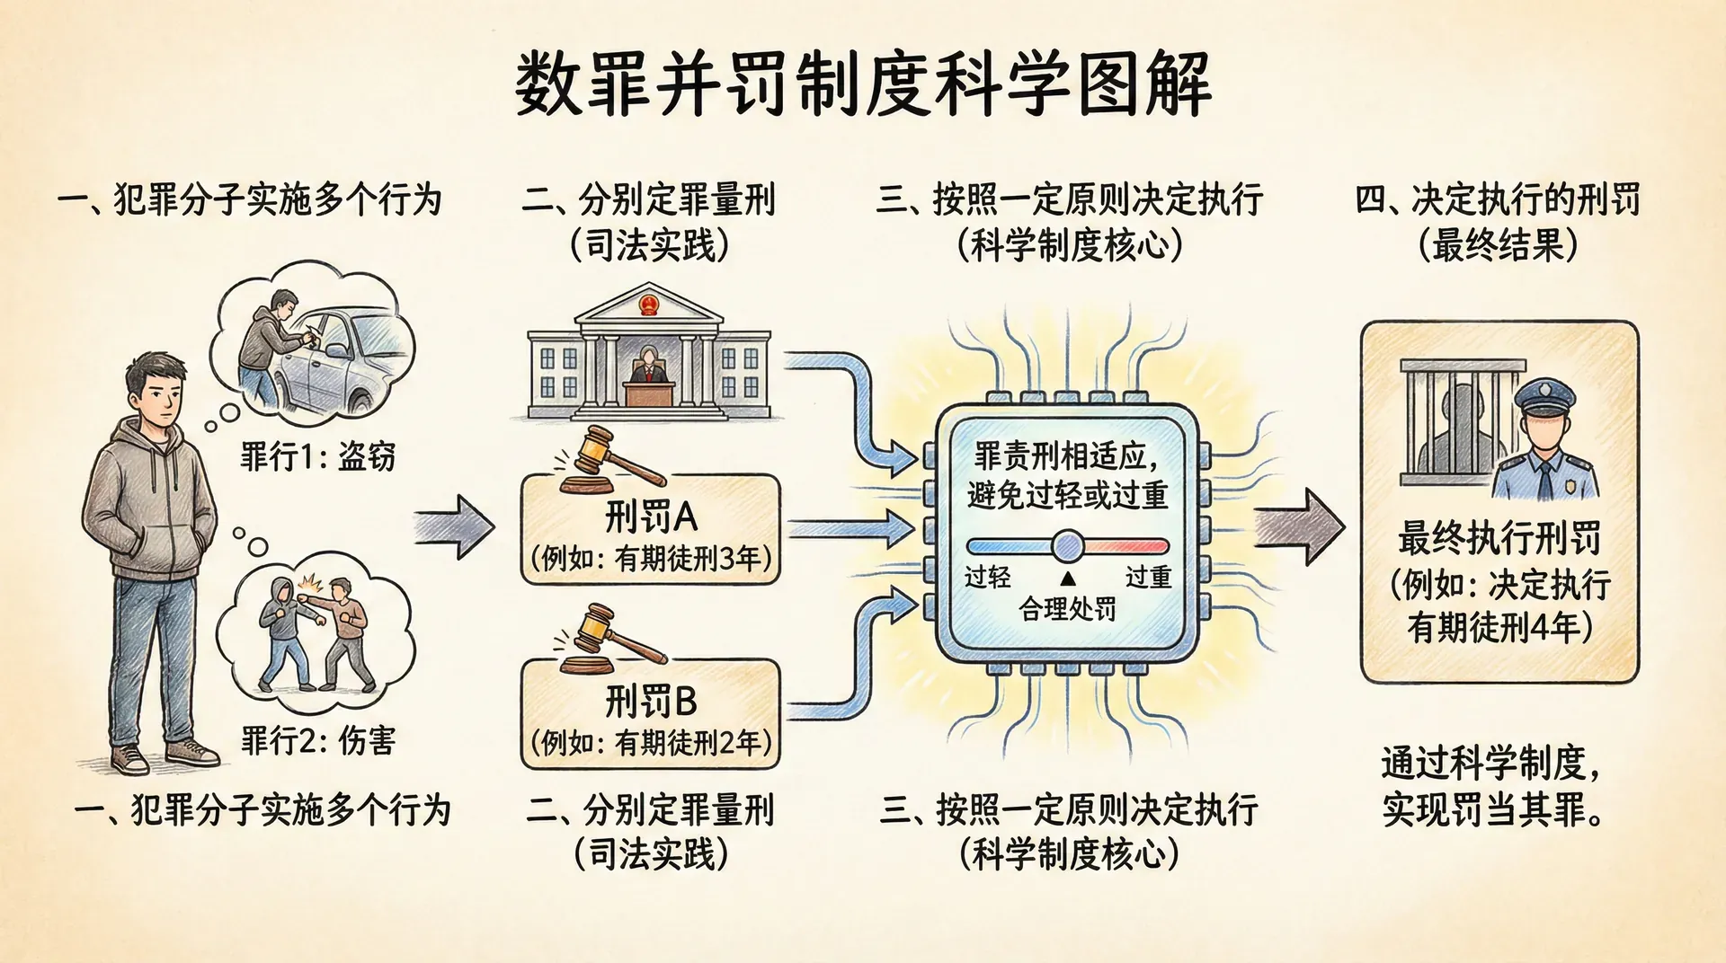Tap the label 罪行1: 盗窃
[317, 456]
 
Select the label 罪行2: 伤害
[317, 740]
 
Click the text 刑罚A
[651, 517]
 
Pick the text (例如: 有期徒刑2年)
[651, 743]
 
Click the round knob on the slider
[1068, 545]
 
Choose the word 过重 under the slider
[1148, 577]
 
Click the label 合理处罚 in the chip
[1067, 609]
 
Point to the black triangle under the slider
[1068, 579]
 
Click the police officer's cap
[1544, 395]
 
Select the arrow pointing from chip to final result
[1299, 527]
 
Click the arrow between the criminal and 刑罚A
[455, 527]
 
